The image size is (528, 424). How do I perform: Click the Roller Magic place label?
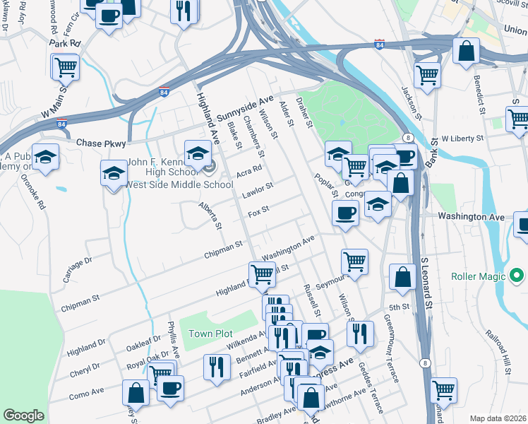click(482, 275)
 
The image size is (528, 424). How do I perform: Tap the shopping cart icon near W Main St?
click(66, 68)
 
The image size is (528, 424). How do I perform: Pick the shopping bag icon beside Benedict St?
click(466, 51)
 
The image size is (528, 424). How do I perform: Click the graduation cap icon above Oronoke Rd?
click(45, 157)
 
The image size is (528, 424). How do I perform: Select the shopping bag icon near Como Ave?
click(136, 394)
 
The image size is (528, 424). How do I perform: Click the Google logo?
click(23, 416)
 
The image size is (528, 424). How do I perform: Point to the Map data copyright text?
click(497, 418)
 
